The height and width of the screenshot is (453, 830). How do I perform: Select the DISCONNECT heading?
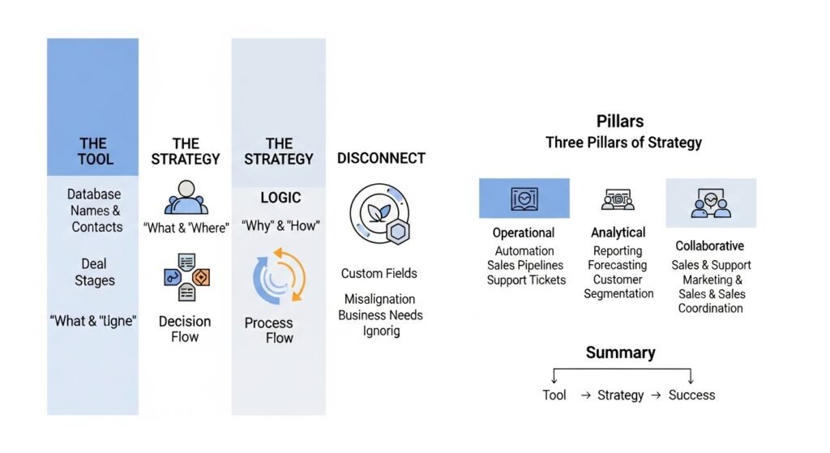[381, 158]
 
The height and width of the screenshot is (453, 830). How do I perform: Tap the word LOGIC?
[280, 198]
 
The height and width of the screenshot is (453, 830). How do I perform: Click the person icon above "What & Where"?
[186, 197]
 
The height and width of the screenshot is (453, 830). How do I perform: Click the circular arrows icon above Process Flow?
[278, 276]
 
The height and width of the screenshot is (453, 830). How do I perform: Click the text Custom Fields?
[379, 273]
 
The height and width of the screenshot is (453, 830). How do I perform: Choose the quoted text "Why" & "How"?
[280, 226]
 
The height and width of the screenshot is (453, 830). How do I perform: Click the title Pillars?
[620, 122]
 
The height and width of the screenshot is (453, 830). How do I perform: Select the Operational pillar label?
[523, 233]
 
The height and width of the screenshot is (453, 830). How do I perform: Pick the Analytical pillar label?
[618, 233]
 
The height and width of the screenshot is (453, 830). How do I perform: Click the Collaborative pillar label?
[709, 246]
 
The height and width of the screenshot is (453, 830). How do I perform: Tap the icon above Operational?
[524, 199]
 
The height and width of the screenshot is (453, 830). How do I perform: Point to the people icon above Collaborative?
[711, 203]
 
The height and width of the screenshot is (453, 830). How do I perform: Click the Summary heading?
[621, 353]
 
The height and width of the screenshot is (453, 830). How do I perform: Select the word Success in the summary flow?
[691, 395]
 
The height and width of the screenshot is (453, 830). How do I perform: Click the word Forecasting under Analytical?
[618, 265]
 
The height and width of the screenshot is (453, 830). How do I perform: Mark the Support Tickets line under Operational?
[526, 280]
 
